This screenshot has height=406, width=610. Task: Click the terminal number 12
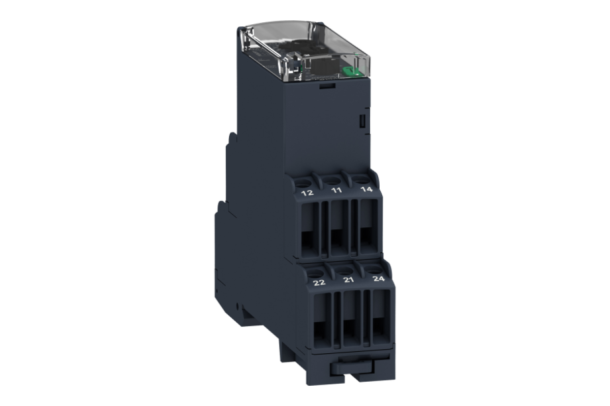308,193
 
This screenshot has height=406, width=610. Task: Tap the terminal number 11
337,190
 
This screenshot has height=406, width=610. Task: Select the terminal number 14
367,189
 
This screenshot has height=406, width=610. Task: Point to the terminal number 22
319,283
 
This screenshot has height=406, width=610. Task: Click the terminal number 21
349,280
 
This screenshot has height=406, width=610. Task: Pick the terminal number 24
379,278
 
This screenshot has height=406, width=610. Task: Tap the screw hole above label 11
331,180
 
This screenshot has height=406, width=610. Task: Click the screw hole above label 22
315,273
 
